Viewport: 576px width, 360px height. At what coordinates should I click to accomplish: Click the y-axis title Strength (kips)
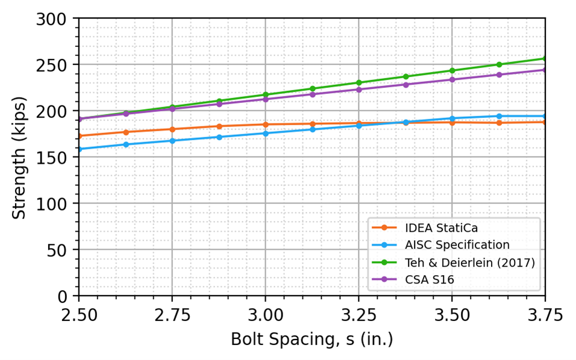[x=19, y=157]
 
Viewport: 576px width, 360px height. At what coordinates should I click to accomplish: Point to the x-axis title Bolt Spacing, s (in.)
[x=311, y=340]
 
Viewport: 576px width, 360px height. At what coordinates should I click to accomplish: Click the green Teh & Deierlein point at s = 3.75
[x=545, y=58]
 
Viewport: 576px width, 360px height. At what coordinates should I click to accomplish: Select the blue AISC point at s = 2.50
[x=79, y=149]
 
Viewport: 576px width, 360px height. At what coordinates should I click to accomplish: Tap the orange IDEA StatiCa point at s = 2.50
[x=79, y=136]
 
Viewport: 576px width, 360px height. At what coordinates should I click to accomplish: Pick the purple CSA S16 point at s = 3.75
[x=545, y=70]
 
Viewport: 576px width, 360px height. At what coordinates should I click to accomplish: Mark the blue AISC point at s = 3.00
[x=265, y=133]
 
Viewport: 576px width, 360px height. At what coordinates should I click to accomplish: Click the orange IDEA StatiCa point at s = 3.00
[x=265, y=125]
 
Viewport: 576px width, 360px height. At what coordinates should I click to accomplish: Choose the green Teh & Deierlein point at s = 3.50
[x=452, y=70]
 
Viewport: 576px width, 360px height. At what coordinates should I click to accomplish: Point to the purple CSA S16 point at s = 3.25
[x=358, y=89]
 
